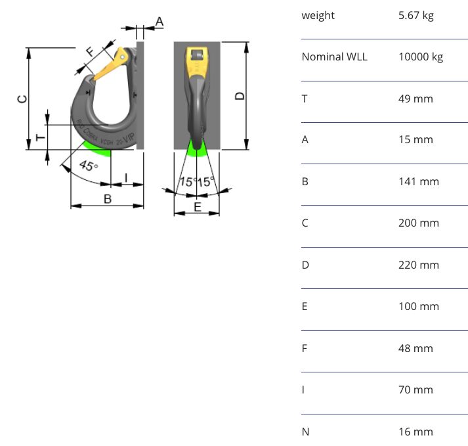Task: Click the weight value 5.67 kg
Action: (x=415, y=15)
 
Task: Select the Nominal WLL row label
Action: (x=334, y=56)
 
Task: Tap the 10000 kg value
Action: (x=420, y=56)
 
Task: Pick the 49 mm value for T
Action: (x=415, y=99)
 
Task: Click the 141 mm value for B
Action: (x=418, y=181)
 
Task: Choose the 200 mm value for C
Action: (x=418, y=223)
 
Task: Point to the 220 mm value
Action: (x=418, y=265)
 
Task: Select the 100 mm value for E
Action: (x=418, y=306)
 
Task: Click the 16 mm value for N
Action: (x=415, y=432)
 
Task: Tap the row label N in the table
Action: (x=305, y=432)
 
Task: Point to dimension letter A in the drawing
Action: (x=159, y=22)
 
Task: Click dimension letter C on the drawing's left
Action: (x=22, y=99)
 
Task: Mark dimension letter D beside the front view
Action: (x=240, y=96)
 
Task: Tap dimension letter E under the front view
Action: (x=197, y=208)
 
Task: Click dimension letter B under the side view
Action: (x=107, y=198)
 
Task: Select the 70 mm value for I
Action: (x=415, y=390)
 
